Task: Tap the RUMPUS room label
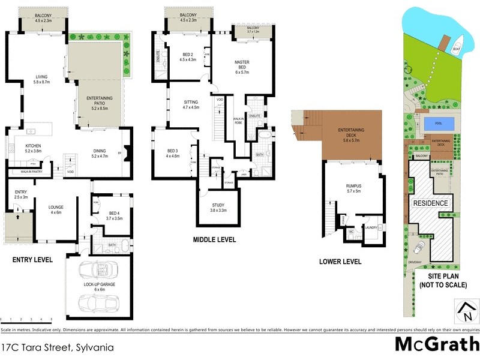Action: click(x=353, y=188)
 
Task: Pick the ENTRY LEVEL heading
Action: click(x=33, y=260)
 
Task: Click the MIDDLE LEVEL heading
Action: click(x=214, y=240)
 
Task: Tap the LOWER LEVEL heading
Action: click(x=340, y=262)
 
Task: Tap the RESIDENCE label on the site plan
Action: click(x=430, y=203)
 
